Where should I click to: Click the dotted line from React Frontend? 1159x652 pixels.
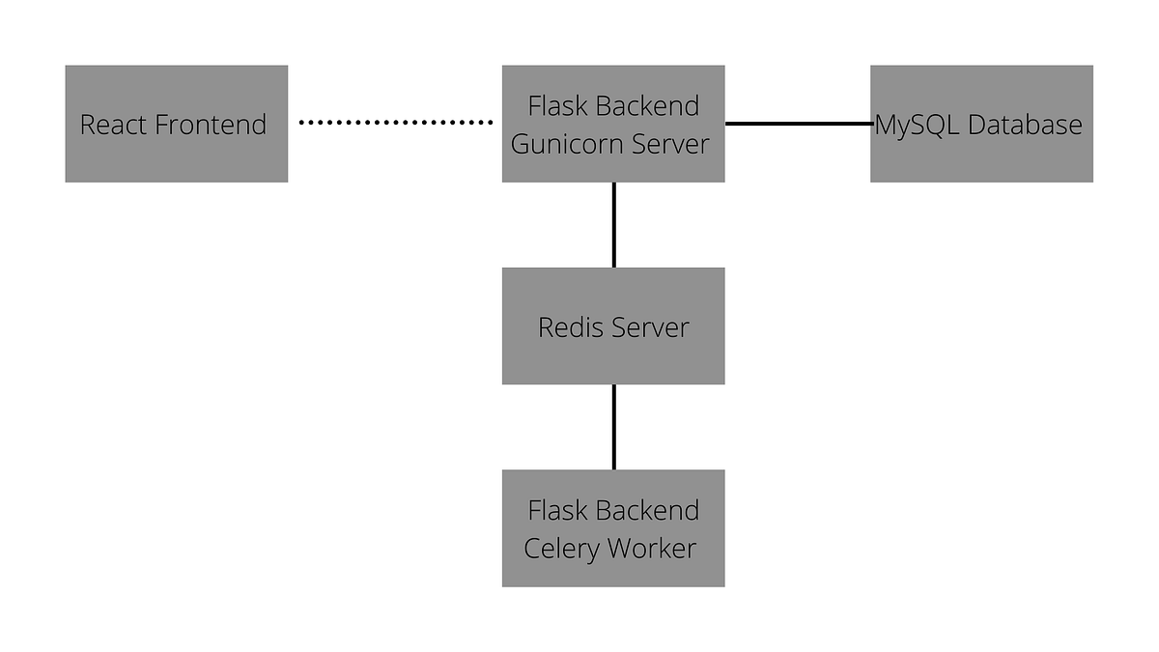tap(396, 123)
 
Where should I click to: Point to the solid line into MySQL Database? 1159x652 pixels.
tap(798, 124)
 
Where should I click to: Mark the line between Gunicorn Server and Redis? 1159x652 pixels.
tap(614, 225)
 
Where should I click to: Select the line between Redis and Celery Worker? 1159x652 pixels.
tap(614, 427)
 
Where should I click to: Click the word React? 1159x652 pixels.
tap(112, 125)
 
